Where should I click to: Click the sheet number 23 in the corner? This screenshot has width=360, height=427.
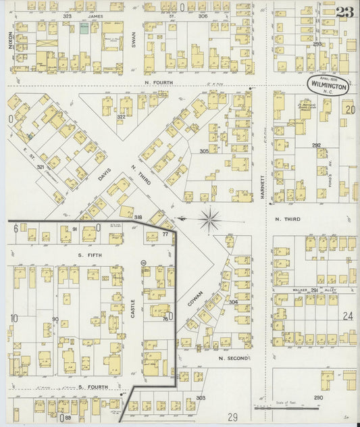(344, 11)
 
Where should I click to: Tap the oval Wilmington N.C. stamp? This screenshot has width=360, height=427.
(329, 84)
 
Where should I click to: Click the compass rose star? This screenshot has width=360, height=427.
(211, 218)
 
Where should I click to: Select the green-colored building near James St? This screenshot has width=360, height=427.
(84, 28)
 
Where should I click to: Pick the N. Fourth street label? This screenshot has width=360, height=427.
(159, 82)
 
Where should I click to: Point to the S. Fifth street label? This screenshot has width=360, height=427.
(88, 255)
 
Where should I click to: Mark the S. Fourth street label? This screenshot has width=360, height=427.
(88, 386)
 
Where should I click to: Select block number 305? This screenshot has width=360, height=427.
(203, 151)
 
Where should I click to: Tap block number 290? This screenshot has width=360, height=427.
(318, 397)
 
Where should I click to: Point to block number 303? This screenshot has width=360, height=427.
(200, 398)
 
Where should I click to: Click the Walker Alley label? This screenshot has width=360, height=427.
(313, 289)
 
